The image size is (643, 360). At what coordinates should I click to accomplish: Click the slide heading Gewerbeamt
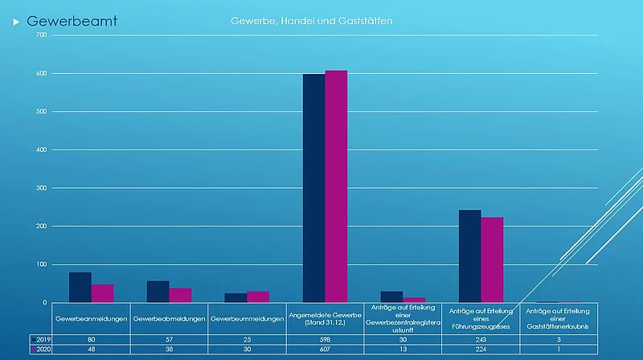[72, 21]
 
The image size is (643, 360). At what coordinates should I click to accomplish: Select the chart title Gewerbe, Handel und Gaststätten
[311, 20]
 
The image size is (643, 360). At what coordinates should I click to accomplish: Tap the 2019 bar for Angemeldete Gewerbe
[313, 188]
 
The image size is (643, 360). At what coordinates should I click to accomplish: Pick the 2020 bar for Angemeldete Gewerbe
[336, 186]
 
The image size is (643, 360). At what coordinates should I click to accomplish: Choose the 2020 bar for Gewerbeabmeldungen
[180, 295]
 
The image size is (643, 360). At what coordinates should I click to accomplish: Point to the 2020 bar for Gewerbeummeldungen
[258, 297]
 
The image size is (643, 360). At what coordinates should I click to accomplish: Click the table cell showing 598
[325, 340]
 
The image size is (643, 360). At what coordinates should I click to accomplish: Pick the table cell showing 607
[325, 350]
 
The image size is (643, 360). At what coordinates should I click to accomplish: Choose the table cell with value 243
[481, 340]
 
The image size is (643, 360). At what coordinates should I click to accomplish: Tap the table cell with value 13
[403, 350]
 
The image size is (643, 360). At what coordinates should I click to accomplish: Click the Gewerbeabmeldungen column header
[169, 319]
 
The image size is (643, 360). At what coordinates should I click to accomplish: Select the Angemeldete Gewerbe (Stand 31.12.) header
[325, 319]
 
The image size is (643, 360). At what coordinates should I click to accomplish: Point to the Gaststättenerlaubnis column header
[559, 319]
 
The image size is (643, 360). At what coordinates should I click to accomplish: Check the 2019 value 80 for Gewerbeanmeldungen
[91, 340]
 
